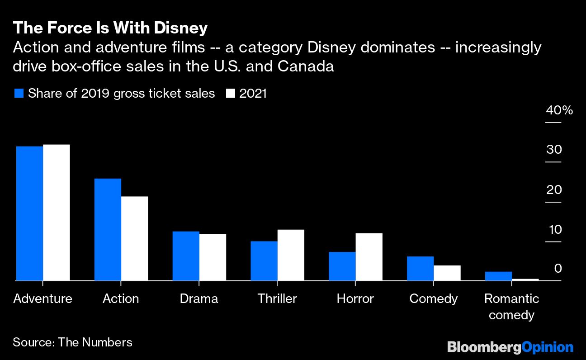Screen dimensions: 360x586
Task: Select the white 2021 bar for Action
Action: pos(134,238)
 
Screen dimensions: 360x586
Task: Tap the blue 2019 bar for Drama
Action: pos(186,256)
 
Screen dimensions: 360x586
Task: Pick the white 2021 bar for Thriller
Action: pos(291,255)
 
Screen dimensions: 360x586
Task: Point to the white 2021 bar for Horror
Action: pos(369,257)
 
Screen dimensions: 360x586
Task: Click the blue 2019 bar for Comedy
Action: pos(420,269)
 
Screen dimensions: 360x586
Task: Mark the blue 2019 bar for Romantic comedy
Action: pos(498,276)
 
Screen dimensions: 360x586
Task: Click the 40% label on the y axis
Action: pos(559,110)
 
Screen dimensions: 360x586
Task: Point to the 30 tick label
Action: pos(554,150)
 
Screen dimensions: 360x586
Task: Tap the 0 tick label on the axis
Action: pos(558,269)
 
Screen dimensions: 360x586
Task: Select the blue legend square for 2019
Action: pos(19,94)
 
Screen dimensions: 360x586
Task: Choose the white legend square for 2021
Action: pos(231,94)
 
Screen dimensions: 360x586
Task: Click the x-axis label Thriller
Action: pos(277,299)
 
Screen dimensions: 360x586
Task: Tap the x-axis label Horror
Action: pos(355,299)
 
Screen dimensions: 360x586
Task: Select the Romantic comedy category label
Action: pos(511,307)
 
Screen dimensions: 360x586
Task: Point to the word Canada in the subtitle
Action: pos(306,66)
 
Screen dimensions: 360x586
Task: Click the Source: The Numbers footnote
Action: pos(72,342)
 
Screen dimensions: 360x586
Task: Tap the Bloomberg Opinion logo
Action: pos(510,347)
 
